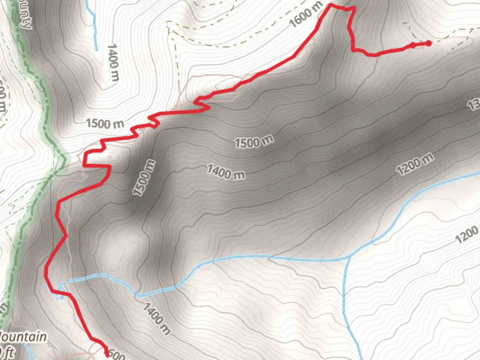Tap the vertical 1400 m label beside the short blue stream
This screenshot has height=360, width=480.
pos(113,62)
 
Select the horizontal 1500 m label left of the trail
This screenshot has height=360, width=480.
pos(105,124)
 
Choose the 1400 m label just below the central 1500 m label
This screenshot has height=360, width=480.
pos(226,172)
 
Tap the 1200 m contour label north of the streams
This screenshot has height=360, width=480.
pos(415,164)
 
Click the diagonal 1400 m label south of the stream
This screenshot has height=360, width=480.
pos(157,318)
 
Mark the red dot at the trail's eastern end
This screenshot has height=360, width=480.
pos(429,43)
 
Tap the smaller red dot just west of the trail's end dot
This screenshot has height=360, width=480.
pos(413,45)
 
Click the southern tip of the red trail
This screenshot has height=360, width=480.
pos(107,355)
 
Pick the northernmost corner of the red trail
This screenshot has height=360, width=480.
pos(331,4)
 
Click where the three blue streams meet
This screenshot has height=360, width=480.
pos(349,257)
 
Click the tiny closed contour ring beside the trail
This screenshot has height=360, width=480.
pos(109,157)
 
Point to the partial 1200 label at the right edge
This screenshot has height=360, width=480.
pos(467,234)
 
